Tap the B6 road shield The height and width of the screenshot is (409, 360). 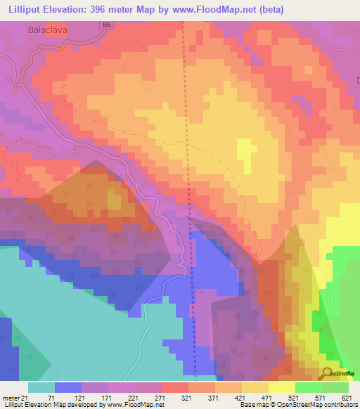107,25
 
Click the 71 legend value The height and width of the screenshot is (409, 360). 53,397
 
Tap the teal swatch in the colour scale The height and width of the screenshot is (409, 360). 41,387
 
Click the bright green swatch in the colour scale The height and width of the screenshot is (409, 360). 308,387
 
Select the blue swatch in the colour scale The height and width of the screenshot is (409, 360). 67,387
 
